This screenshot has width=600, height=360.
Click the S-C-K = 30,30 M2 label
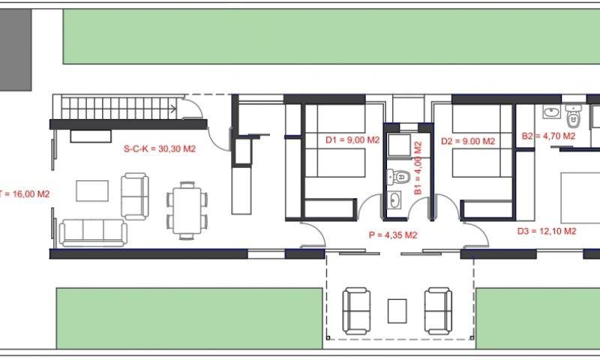pyautogui.click(x=160, y=148)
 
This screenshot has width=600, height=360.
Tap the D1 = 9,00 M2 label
pyautogui.click(x=352, y=140)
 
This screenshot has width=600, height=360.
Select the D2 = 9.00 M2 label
pyautogui.click(x=468, y=141)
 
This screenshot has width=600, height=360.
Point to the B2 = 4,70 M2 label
pyautogui.click(x=548, y=136)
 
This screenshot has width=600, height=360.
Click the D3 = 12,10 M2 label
pyautogui.click(x=547, y=231)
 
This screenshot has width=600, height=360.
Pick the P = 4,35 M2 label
pyautogui.click(x=393, y=235)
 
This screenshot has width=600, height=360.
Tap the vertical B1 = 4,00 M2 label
pyautogui.click(x=418, y=168)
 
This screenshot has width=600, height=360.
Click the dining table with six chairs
pyautogui.click(x=187, y=211)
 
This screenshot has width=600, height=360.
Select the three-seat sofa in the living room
pyautogui.click(x=93, y=232)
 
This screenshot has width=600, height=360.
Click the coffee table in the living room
pyautogui.click(x=92, y=191)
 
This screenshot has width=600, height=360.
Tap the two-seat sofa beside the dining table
pyautogui.click(x=135, y=196)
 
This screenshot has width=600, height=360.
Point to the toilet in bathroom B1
pyautogui.click(x=398, y=177)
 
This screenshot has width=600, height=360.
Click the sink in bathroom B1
pyautogui.click(x=394, y=200)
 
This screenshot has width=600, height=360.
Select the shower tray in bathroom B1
pyautogui.click(x=399, y=145)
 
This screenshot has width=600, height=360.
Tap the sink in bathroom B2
pyautogui.click(x=551, y=112)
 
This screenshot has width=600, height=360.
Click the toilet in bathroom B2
pyautogui.click(x=573, y=117)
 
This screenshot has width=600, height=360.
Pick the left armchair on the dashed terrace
pyautogui.click(x=356, y=310)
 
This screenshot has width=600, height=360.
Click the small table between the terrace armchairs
pyautogui.click(x=397, y=311)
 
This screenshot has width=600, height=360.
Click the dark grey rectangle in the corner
pyautogui.click(x=15, y=49)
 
